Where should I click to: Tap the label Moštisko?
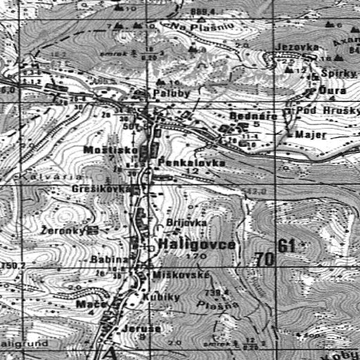pyautogui.click(x=104, y=150)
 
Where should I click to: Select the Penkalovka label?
pyautogui.click(x=182, y=162)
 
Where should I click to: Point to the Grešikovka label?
pyautogui.click(x=101, y=189)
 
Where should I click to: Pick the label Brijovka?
pyautogui.click(x=186, y=222)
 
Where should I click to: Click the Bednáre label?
pyautogui.click(x=245, y=115)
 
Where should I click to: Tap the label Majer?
pyautogui.click(x=307, y=134)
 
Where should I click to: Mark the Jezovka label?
pyautogui.click(x=294, y=46)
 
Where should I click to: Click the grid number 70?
pyautogui.click(x=265, y=259)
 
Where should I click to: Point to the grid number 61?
pyautogui.click(x=285, y=245)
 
